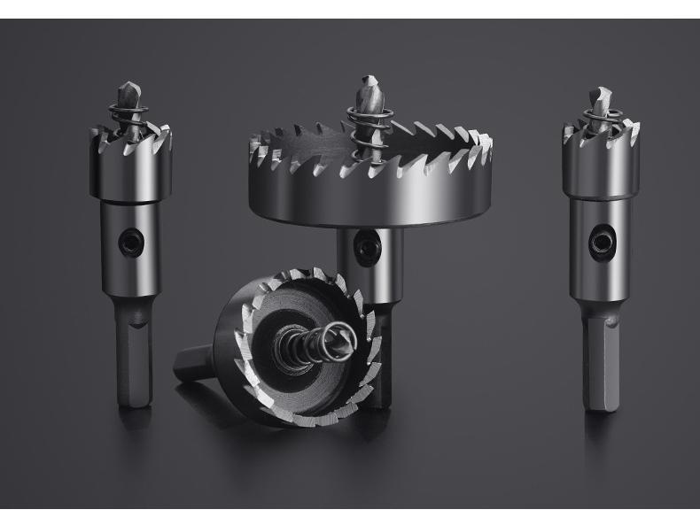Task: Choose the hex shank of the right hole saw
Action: click(601, 363)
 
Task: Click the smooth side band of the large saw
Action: click(372, 199)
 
